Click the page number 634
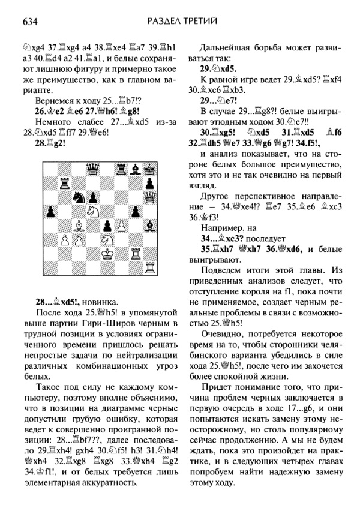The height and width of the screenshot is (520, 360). [x=31, y=23]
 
